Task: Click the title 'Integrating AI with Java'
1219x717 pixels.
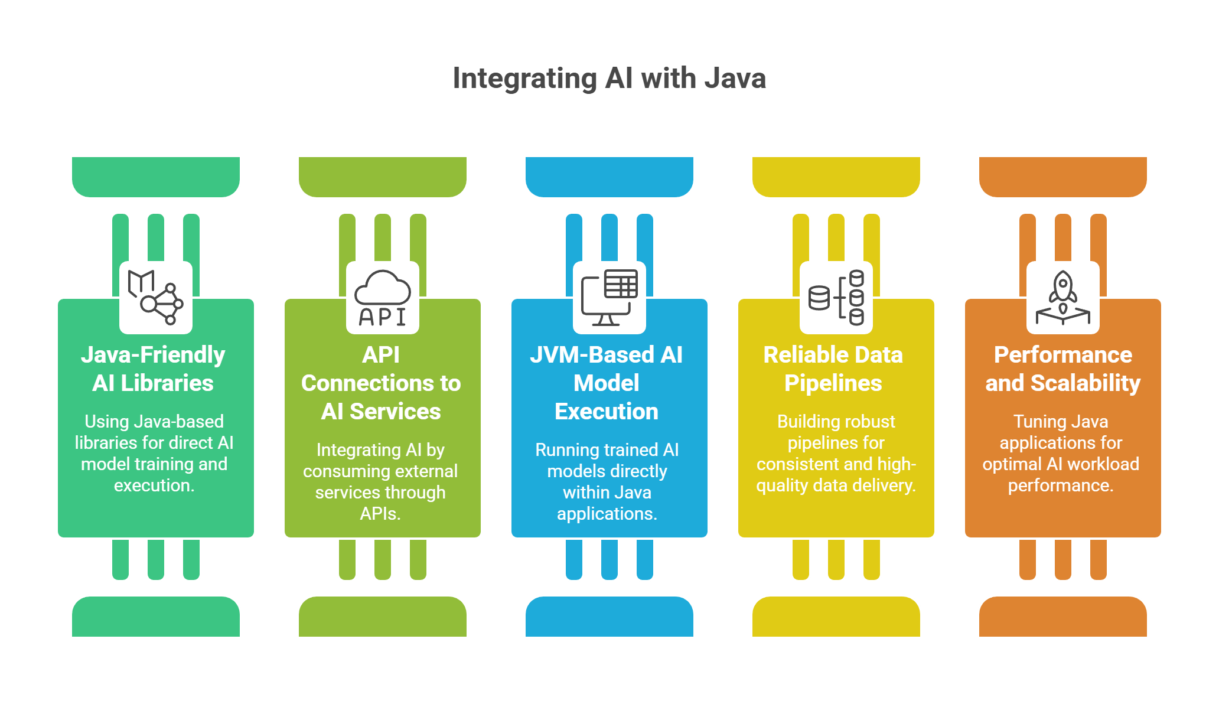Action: coord(609,79)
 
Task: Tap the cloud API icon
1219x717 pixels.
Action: coord(383,298)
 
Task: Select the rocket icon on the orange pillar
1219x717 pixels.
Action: coord(1063,298)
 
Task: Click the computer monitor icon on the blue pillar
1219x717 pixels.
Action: coord(609,298)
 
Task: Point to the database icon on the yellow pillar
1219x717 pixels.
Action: coord(836,298)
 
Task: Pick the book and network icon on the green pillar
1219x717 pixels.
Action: coord(156,298)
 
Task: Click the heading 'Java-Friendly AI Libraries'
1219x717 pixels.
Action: coord(153,369)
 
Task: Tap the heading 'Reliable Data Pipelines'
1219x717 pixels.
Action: coord(833,369)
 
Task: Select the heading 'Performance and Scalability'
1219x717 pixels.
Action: coord(1062,369)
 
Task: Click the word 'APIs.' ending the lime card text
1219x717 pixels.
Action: coord(380,514)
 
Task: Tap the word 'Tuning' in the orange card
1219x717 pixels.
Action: coord(1035,422)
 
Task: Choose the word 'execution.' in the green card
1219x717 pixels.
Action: coord(154,485)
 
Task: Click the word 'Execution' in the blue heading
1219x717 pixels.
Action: coord(607,412)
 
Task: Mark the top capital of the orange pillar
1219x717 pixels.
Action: coord(1063,176)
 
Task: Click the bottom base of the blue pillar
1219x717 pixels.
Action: coord(609,617)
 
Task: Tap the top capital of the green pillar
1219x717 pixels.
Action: coord(156,176)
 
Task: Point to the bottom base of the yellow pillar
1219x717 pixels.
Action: coord(836,617)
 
